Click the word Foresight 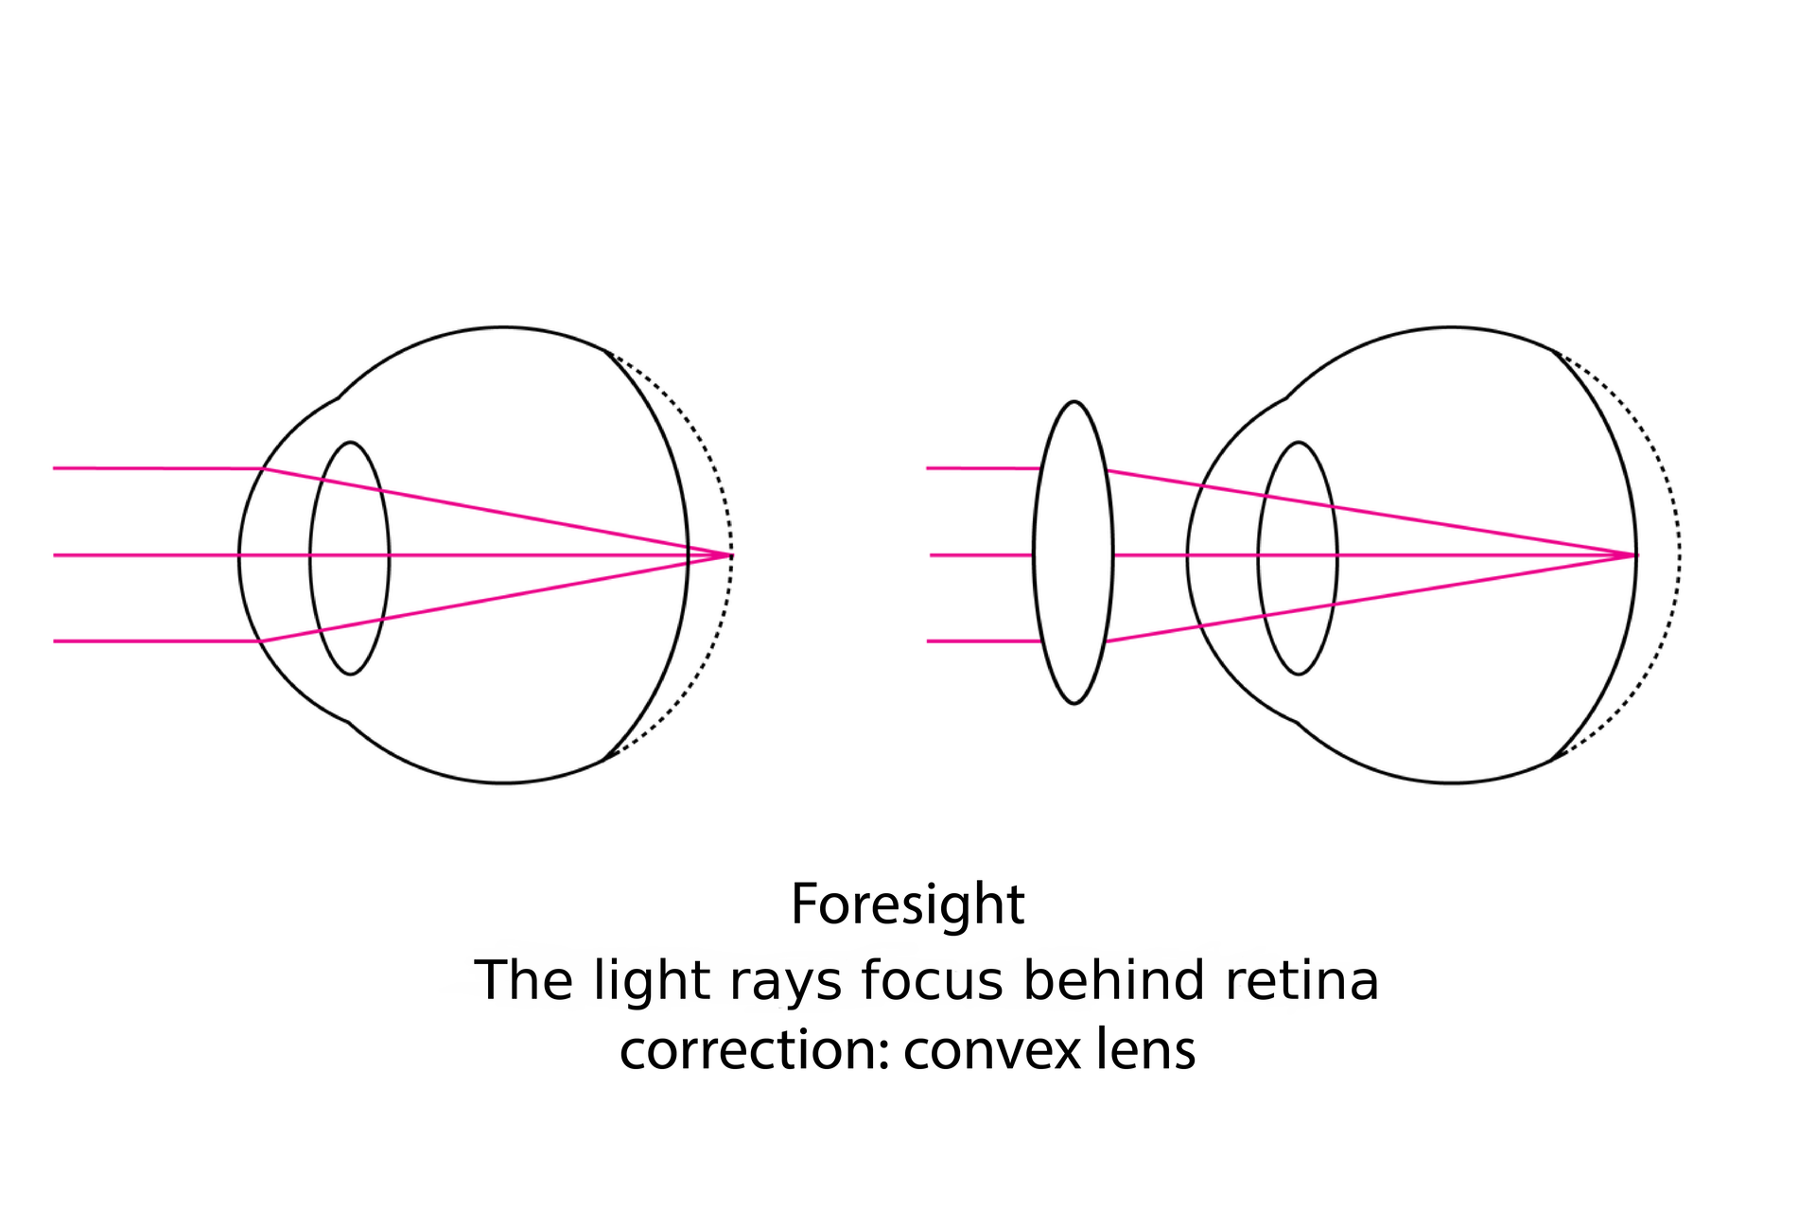click(x=907, y=904)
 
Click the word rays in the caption click(x=785, y=982)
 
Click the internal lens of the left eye click(x=350, y=511)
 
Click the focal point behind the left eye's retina click(x=730, y=554)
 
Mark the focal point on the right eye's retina click(x=1634, y=554)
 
